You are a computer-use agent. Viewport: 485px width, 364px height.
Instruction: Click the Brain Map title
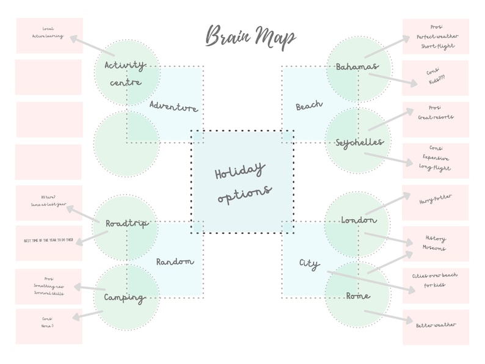(250, 37)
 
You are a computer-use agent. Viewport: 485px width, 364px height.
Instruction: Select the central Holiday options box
(242, 182)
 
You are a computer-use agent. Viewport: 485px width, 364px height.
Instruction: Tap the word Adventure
(173, 107)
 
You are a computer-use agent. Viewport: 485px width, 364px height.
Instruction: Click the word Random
(175, 261)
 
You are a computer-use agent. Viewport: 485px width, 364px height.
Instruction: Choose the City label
(309, 264)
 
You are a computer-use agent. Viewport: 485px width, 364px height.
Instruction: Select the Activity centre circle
(126, 73)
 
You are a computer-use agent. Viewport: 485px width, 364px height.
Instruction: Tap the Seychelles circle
(359, 142)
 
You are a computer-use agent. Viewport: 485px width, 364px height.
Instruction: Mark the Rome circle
(357, 296)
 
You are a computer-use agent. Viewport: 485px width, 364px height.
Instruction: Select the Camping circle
(125, 298)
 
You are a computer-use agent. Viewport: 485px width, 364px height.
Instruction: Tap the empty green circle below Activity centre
(126, 144)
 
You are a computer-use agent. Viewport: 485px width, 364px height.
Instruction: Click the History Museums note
(436, 243)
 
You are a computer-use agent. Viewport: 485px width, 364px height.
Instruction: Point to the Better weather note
(436, 326)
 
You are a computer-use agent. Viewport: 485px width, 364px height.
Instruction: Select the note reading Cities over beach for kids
(436, 280)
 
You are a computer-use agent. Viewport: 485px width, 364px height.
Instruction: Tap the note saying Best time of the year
(49, 241)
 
